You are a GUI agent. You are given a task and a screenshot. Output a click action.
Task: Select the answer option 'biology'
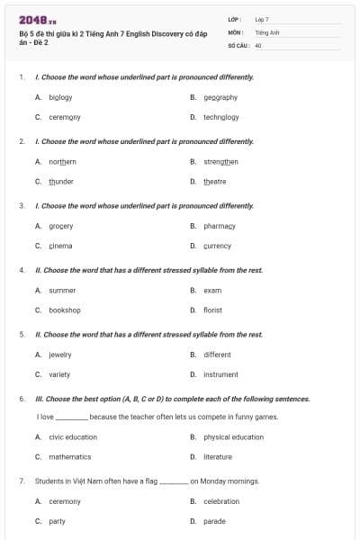pos(60,97)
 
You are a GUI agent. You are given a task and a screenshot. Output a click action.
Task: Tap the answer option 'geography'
pos(220,97)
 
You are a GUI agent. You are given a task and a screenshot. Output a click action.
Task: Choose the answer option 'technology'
pos(220,117)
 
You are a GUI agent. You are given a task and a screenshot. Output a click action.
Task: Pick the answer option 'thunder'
pos(61,181)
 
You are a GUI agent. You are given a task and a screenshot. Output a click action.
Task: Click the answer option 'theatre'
pos(214,181)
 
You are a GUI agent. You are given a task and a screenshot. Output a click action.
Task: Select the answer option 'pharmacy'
pos(219,226)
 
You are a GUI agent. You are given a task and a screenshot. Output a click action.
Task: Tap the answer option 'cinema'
pos(60,246)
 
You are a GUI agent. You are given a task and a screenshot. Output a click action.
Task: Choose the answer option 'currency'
pos(217,246)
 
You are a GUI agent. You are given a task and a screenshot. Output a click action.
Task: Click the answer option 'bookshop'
pos(65,310)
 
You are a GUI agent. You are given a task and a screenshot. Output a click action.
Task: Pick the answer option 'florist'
pos(212,310)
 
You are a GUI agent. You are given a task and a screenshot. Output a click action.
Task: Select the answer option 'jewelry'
pos(60,355)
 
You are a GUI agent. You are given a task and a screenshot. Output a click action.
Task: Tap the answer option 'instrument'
pos(220,374)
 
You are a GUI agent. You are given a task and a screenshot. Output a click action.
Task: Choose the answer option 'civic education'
pos(73,437)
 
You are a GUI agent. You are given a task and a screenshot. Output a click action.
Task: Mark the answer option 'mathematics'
pos(70,457)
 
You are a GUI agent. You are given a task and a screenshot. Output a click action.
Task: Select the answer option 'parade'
pos(214,521)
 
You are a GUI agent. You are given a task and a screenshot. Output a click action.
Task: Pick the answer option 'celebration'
pos(221,501)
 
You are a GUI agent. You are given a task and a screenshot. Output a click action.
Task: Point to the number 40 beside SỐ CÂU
pos(258,44)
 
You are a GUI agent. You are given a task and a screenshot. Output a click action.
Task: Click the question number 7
pos(21,481)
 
